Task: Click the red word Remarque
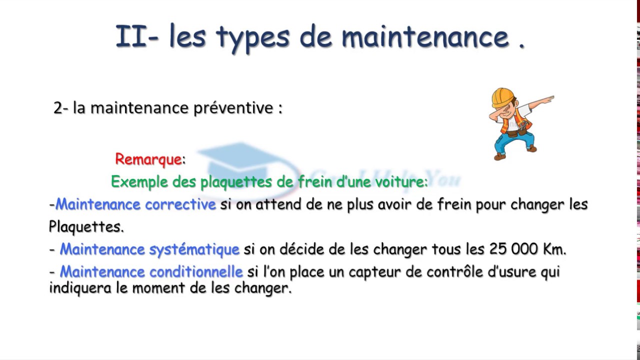(x=148, y=159)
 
